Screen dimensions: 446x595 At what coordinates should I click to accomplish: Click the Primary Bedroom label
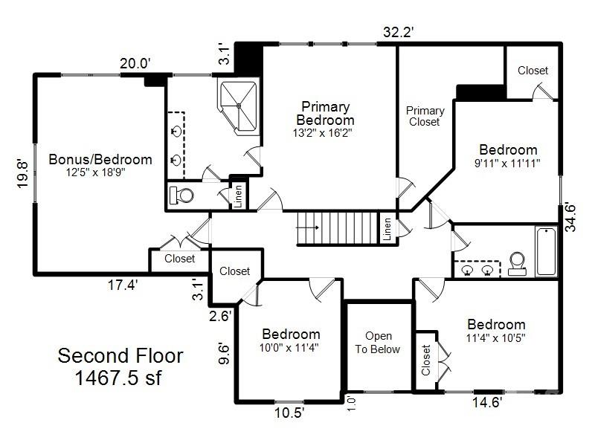325,114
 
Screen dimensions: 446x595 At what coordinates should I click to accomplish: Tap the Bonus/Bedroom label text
100,159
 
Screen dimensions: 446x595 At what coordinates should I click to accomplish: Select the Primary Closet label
425,116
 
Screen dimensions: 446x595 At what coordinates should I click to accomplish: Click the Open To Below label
378,343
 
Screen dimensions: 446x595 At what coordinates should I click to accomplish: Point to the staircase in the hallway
338,227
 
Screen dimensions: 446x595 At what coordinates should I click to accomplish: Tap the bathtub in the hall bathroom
547,251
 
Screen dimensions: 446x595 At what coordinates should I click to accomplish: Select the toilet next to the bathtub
517,263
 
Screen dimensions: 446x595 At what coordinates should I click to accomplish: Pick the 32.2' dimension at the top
398,32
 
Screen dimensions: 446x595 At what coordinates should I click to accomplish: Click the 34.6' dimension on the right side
570,216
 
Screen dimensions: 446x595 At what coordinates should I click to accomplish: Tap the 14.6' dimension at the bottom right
486,403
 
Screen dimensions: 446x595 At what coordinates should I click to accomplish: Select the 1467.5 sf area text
120,377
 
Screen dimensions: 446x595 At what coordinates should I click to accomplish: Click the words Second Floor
120,355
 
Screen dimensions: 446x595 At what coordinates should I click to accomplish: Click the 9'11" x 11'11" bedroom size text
508,162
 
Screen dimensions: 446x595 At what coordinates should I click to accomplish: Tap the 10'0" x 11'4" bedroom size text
290,346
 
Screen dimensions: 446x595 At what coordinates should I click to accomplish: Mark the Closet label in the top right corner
533,71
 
